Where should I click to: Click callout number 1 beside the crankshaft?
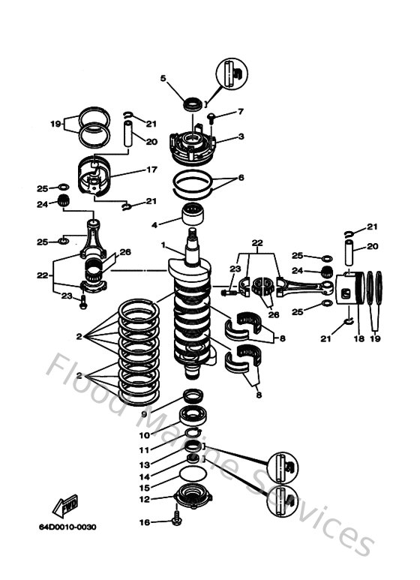click(161, 245)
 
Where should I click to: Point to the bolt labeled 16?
click(176, 521)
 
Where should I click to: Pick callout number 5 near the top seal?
click(163, 77)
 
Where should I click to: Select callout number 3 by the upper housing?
click(241, 137)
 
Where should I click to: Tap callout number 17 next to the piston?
click(151, 170)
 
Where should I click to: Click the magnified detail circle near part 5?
click(230, 73)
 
